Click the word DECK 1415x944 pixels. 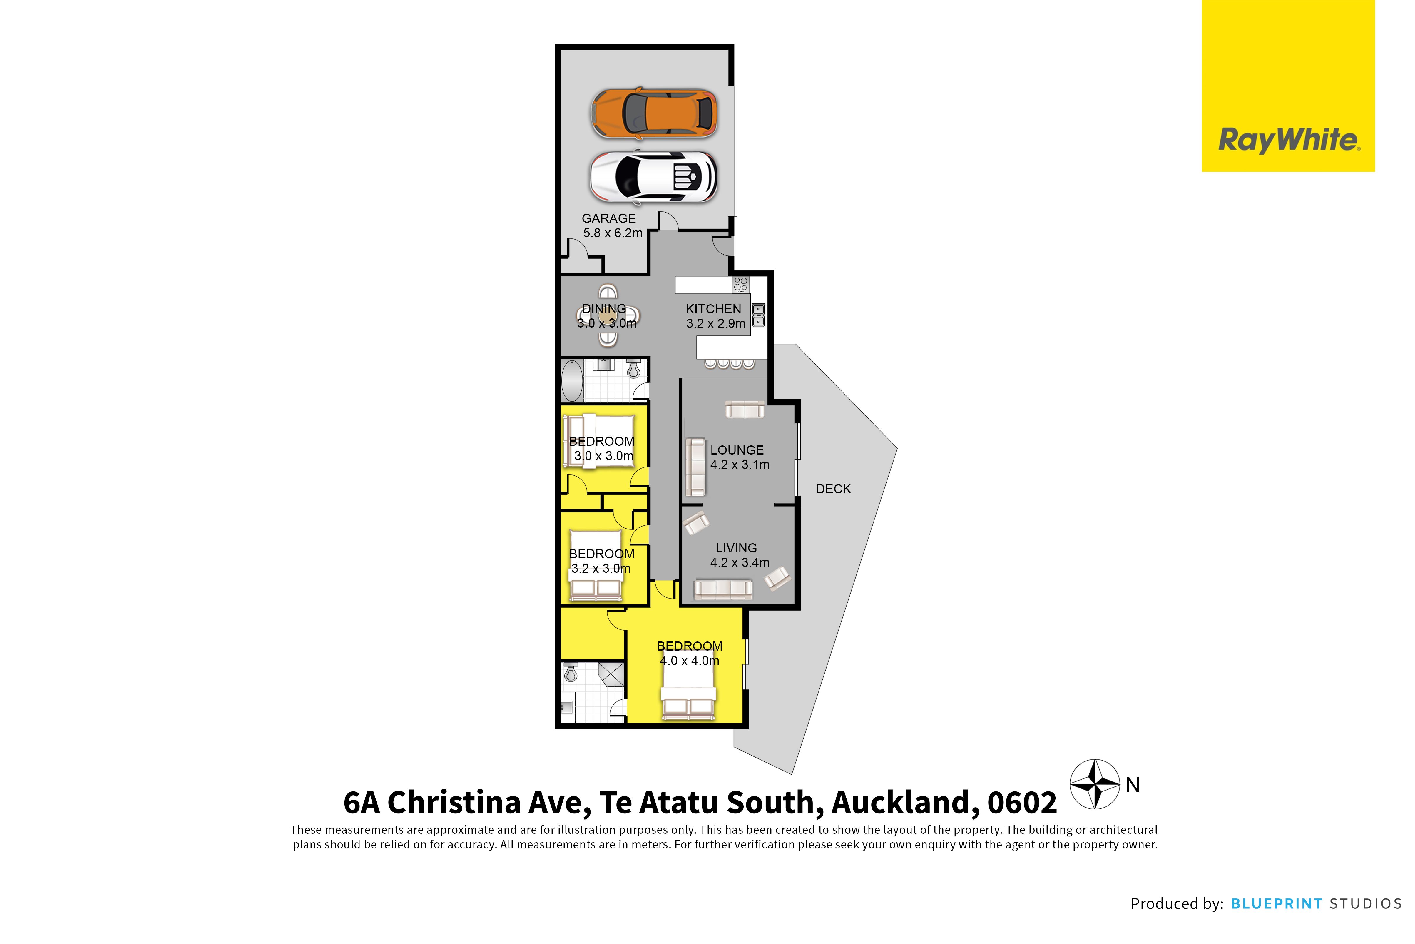[x=833, y=489]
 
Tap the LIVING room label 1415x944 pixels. [x=736, y=548]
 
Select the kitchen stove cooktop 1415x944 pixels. [x=740, y=284]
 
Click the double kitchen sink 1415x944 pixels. [x=758, y=315]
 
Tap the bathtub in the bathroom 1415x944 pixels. [x=572, y=380]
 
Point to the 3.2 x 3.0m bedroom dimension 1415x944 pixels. [x=601, y=568]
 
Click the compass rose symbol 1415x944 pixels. [x=1095, y=784]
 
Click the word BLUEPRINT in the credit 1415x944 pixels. [x=1276, y=904]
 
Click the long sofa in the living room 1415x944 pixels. [x=723, y=589]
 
